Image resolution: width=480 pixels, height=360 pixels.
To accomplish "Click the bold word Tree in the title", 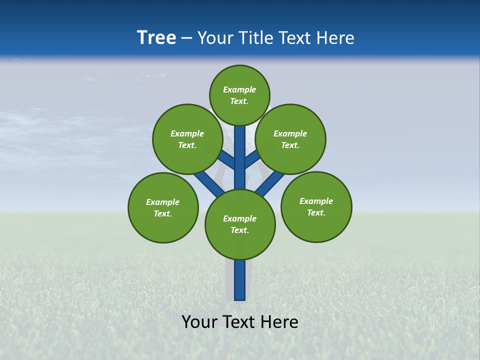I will tap(156, 37).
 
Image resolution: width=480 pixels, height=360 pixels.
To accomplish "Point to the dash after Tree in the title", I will tap(186, 38).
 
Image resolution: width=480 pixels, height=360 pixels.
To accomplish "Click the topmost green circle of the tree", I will tap(239, 95).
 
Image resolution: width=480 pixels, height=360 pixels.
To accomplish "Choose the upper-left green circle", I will tap(187, 139).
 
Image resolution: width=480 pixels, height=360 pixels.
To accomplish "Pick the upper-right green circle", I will tap(290, 139).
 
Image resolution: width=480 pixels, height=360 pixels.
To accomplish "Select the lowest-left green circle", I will tap(163, 207).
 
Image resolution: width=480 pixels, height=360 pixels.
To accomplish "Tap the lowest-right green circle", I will tap(316, 206).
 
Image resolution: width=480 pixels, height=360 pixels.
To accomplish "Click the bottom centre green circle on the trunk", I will tap(240, 224).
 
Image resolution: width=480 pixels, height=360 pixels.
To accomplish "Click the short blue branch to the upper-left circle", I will tap(227, 159).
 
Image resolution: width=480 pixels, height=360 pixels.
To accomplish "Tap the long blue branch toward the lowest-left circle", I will tap(209, 183).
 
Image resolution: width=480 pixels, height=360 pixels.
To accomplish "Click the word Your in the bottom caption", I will tap(199, 322).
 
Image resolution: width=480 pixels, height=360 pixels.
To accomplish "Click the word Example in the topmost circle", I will tap(239, 89).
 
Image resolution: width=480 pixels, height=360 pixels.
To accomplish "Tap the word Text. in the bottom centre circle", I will tap(239, 230).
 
